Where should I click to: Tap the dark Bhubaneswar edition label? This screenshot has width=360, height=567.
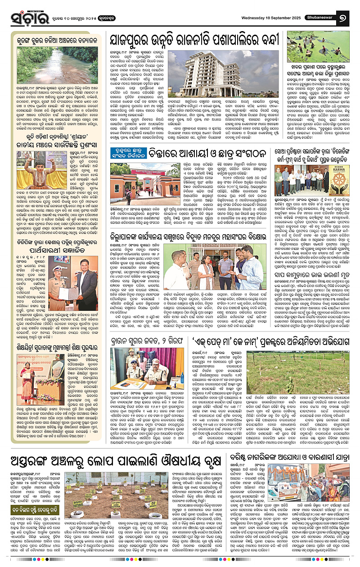pos(315,17)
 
